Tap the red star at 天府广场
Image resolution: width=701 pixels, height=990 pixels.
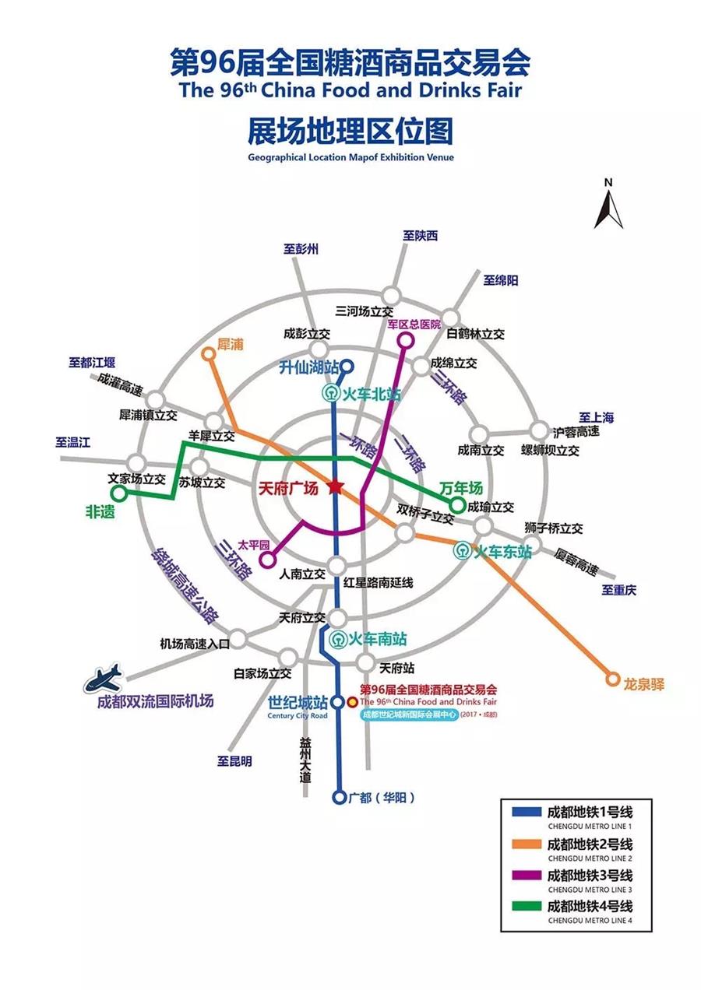click(336, 487)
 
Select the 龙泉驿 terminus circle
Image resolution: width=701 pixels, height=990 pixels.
click(612, 679)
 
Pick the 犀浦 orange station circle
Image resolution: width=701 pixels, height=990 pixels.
click(208, 354)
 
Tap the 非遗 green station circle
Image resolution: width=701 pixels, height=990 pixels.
click(118, 493)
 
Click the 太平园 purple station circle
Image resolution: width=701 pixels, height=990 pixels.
click(266, 559)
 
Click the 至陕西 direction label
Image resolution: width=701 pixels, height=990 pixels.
click(421, 235)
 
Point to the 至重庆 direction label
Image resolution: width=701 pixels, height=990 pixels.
click(618, 590)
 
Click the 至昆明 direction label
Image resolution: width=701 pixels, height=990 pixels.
click(234, 761)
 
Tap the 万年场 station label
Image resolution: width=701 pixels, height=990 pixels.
click(460, 488)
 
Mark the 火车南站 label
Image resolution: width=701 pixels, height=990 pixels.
click(375, 640)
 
